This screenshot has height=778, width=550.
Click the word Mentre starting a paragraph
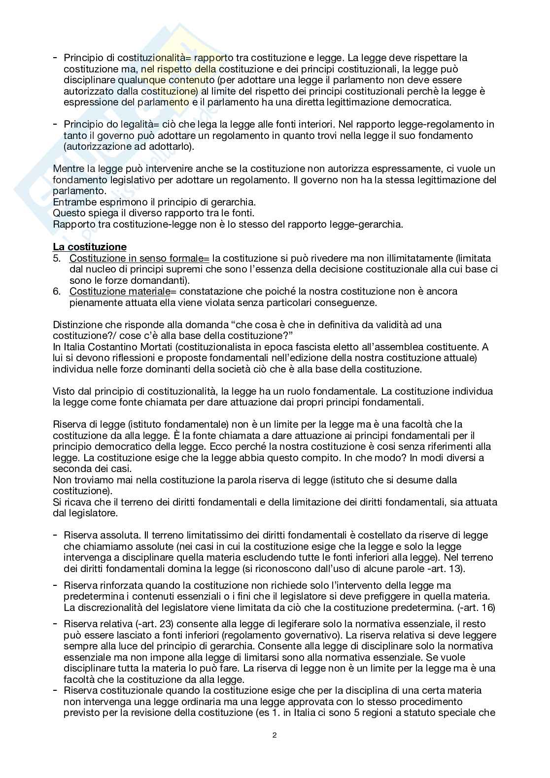point(69,169)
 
